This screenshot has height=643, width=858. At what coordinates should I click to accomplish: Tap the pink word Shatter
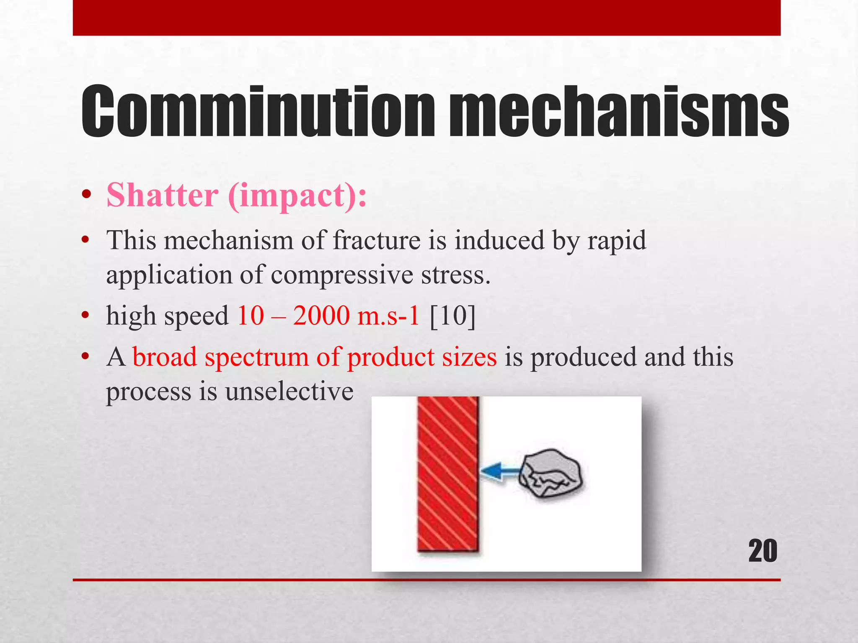(x=163, y=195)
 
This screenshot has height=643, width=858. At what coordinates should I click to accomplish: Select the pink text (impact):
(x=297, y=196)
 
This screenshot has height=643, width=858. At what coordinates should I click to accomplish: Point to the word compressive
(x=342, y=275)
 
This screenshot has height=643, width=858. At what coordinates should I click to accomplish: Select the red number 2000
(x=321, y=315)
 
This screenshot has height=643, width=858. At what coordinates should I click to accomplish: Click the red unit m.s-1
(x=388, y=315)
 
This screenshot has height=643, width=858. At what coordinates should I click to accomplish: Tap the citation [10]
(x=453, y=315)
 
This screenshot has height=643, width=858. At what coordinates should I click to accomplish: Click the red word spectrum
(x=256, y=358)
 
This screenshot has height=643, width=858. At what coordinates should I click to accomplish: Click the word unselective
(x=289, y=392)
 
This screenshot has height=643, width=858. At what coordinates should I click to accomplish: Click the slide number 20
(x=762, y=551)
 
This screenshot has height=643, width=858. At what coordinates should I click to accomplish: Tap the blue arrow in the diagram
(x=499, y=471)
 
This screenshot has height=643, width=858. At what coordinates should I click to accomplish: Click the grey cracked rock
(x=550, y=474)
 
